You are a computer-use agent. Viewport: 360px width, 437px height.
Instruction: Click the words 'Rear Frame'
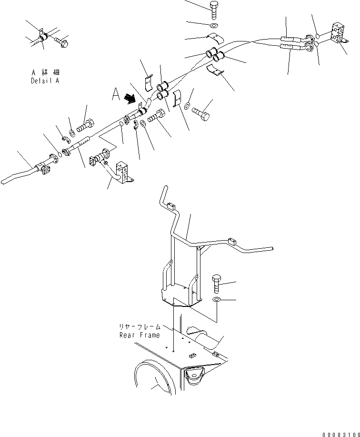(x=140, y=335)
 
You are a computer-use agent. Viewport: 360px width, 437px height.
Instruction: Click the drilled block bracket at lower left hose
(x=122, y=173)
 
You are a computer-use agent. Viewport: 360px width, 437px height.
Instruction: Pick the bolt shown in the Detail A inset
(x=62, y=43)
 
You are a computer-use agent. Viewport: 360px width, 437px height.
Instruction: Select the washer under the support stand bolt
(x=216, y=299)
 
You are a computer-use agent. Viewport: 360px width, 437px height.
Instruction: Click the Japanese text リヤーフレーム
(x=140, y=327)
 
